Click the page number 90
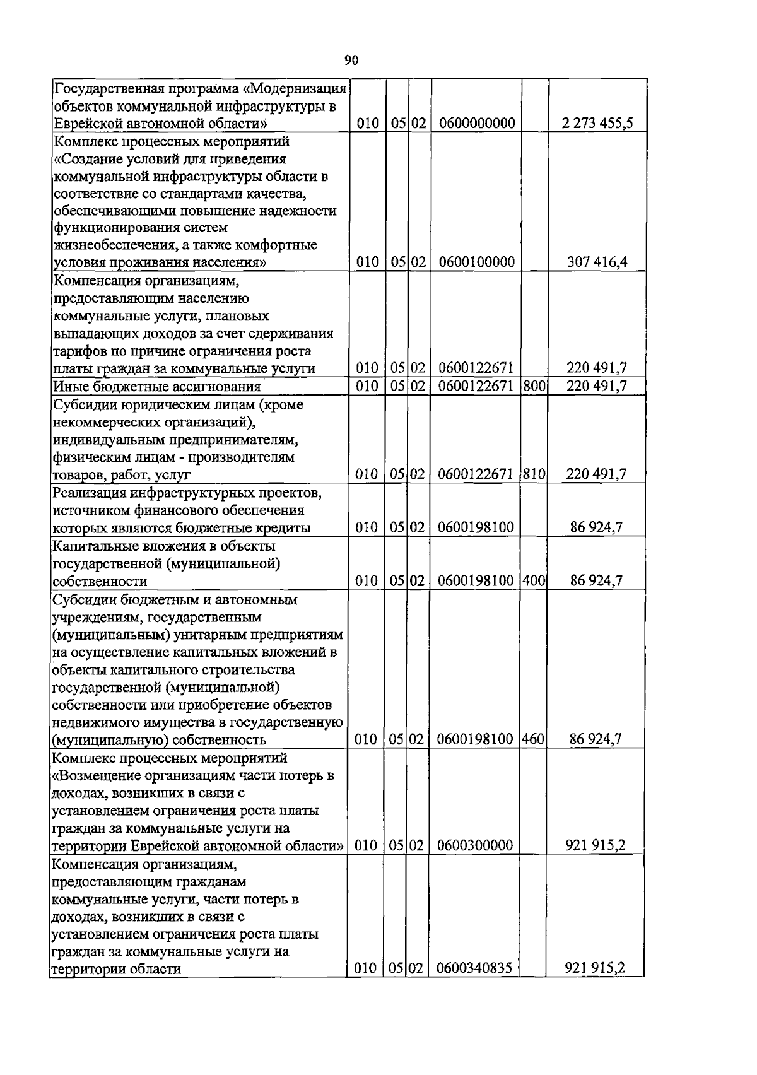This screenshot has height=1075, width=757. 351,61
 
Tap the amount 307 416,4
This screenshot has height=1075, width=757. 597,262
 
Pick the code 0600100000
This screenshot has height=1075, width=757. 477,262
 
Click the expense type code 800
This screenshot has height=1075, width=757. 534,385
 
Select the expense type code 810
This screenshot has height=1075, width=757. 534,474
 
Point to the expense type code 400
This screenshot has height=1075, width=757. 534,580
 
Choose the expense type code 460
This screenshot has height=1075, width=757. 534,739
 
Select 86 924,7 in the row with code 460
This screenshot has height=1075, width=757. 596,739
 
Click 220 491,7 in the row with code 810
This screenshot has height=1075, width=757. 596,474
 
